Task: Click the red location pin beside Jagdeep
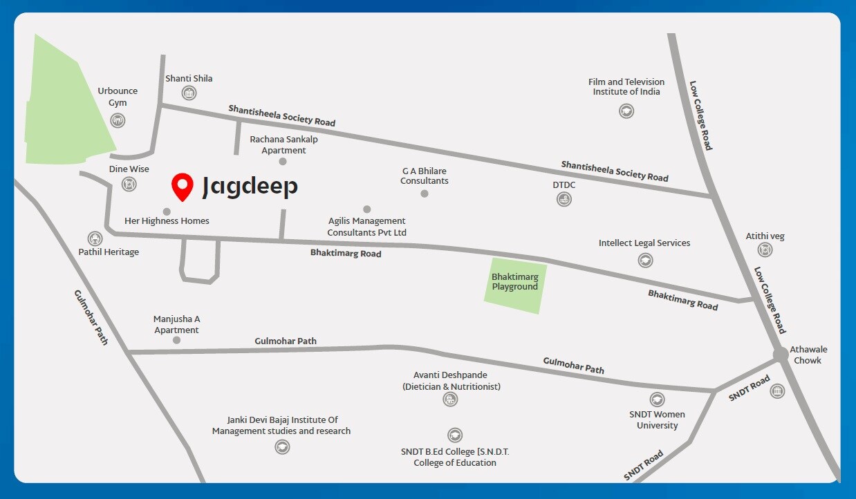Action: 183,185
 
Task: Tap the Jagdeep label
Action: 250,187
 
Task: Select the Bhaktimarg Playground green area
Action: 515,283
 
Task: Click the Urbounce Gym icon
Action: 118,120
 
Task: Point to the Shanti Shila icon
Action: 189,93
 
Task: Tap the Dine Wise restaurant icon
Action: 129,184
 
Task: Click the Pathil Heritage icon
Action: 95,238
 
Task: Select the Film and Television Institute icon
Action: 626,110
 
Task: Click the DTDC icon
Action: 564,199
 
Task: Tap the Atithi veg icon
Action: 764,250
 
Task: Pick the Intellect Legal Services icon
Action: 645,260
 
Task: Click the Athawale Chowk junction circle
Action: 781,355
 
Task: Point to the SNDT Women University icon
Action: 657,399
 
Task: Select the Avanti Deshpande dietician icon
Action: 451,399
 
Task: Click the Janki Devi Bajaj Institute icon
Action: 281,446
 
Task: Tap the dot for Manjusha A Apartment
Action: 177,340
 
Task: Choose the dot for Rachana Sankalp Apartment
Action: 283,162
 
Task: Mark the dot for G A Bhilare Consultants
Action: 425,194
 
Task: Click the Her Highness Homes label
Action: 167,221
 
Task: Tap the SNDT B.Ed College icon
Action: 454,435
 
